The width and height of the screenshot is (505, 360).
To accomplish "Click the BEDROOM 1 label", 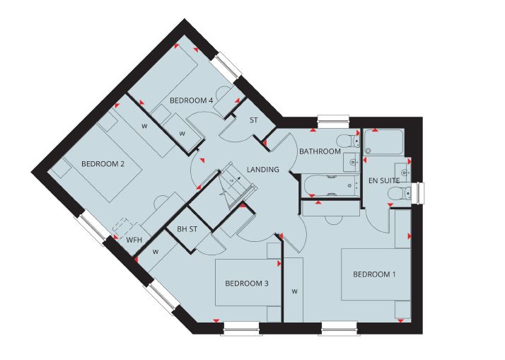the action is point(374,274).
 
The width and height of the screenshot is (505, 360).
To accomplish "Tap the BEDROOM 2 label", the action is point(103,164).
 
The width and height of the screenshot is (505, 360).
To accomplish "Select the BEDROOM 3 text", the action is point(247,284).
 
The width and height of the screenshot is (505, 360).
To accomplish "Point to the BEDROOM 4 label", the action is point(191,100).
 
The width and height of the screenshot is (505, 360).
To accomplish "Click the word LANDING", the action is point(263,169).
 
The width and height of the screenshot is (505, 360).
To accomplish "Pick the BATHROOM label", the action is point(320,151).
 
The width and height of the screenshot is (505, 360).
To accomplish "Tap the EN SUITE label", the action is point(384,180).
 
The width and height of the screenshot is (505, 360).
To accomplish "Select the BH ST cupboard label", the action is point(187,229).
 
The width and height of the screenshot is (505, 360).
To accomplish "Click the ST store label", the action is point(254,120).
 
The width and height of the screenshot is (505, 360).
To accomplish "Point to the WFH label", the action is point(134,240).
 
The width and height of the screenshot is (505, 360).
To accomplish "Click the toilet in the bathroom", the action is point(349,141).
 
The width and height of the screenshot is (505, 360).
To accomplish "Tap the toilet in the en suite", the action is point(399,194).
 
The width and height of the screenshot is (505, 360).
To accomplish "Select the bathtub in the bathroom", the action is point(332,185).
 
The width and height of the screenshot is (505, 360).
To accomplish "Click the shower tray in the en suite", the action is point(383,141).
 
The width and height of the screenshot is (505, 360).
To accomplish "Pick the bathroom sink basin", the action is point(351,162).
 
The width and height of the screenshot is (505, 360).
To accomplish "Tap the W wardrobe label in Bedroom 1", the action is point(294,291).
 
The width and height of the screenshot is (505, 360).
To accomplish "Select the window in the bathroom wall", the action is point(333,119).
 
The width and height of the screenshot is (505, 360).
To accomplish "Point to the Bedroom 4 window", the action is point(228,66).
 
